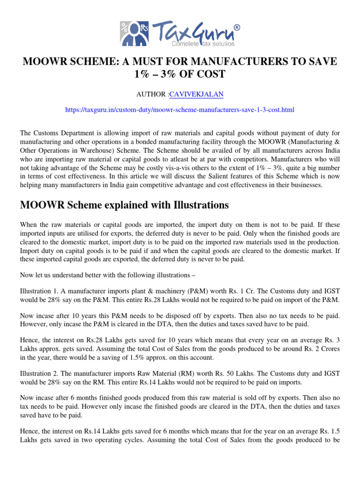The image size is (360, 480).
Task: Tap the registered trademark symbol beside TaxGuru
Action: (x=237, y=28)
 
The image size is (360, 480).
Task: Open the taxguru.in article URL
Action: (x=180, y=110)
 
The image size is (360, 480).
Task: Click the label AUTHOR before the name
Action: (x=151, y=94)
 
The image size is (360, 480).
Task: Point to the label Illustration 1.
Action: (x=41, y=290)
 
